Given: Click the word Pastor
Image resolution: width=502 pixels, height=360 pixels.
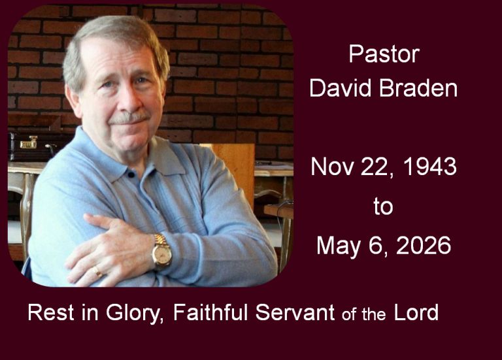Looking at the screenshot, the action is (x=384, y=54).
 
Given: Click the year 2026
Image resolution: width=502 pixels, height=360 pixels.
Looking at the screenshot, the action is (x=424, y=246).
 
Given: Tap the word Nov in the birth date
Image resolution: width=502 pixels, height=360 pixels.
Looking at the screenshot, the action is (x=333, y=167).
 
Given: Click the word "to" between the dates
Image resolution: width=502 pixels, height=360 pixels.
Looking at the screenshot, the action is (x=383, y=206).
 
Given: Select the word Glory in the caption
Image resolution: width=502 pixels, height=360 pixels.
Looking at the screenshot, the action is (x=133, y=313).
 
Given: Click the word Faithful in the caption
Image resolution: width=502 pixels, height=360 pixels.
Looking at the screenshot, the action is (x=210, y=312).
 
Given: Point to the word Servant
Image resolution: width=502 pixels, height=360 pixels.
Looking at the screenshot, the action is (x=295, y=312).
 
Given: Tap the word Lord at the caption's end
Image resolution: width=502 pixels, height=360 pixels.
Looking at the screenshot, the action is (x=416, y=312).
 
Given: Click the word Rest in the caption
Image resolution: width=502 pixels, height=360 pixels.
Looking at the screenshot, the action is (x=51, y=312).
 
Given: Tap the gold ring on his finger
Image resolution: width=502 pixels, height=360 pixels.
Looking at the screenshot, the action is (x=97, y=272).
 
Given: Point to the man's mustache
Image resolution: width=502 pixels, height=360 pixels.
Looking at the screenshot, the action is (x=129, y=117).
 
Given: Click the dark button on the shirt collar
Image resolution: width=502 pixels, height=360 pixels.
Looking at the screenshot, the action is (x=131, y=174).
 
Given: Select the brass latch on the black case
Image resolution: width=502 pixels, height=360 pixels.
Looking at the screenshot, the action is (x=29, y=143).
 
